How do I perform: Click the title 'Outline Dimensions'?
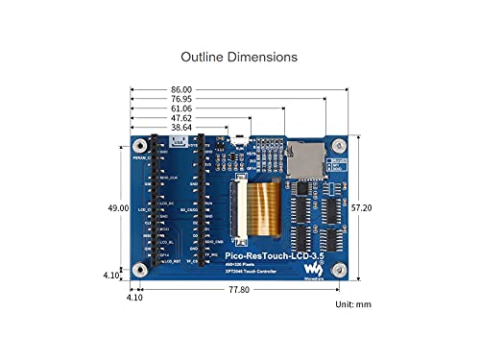[239, 58]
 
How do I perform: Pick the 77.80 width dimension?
[238, 288]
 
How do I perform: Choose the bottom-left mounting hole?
[140, 267]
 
